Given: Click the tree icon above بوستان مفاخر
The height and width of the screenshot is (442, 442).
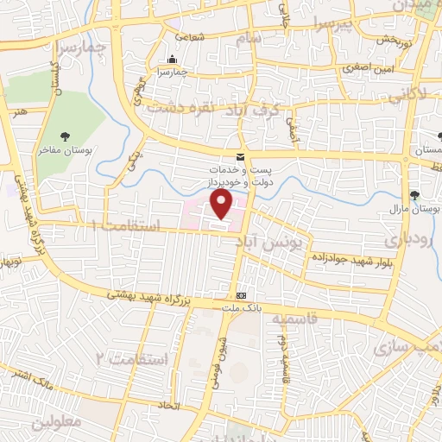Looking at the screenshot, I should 66,136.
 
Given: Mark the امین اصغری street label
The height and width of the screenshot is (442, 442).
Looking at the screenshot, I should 363,66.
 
